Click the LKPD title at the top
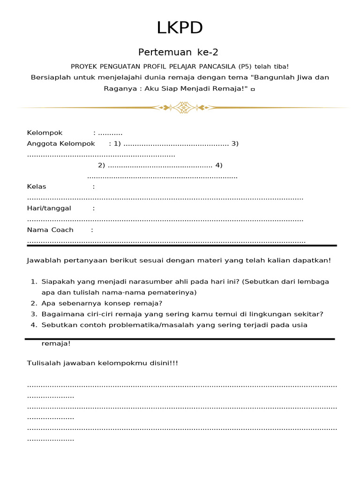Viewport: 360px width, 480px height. coord(180,28)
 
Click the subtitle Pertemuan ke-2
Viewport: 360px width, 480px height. coord(178,52)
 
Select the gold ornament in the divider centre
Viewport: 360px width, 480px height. coord(182,108)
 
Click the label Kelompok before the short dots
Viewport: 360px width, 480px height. coord(45,133)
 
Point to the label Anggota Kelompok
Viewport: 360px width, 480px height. coord(61,143)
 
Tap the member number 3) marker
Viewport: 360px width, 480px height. coord(235,143)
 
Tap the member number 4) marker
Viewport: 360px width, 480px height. coord(218,165)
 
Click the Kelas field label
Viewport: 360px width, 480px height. coord(37,187)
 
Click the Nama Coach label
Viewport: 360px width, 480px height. coord(50,230)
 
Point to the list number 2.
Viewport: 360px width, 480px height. coord(34,303)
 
